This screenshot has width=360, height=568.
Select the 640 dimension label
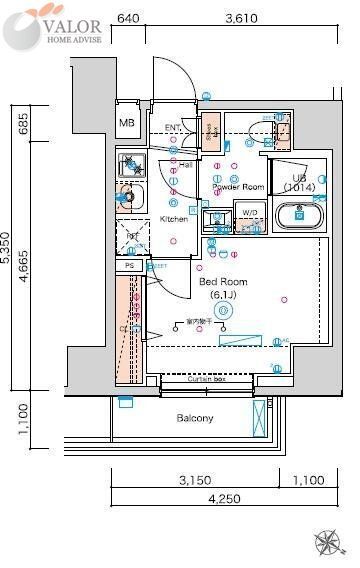[127, 18]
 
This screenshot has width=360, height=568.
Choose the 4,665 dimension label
[22, 268]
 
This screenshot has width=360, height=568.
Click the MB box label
[127, 123]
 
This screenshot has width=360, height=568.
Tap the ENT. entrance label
[173, 128]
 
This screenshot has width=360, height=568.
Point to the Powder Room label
[238, 187]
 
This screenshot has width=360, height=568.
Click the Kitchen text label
[174, 219]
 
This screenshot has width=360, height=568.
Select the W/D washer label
[249, 213]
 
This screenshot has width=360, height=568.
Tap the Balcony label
[195, 418]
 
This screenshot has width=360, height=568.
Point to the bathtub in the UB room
[298, 216]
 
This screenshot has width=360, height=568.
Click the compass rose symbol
[328, 544]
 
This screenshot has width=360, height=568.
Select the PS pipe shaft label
[129, 266]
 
